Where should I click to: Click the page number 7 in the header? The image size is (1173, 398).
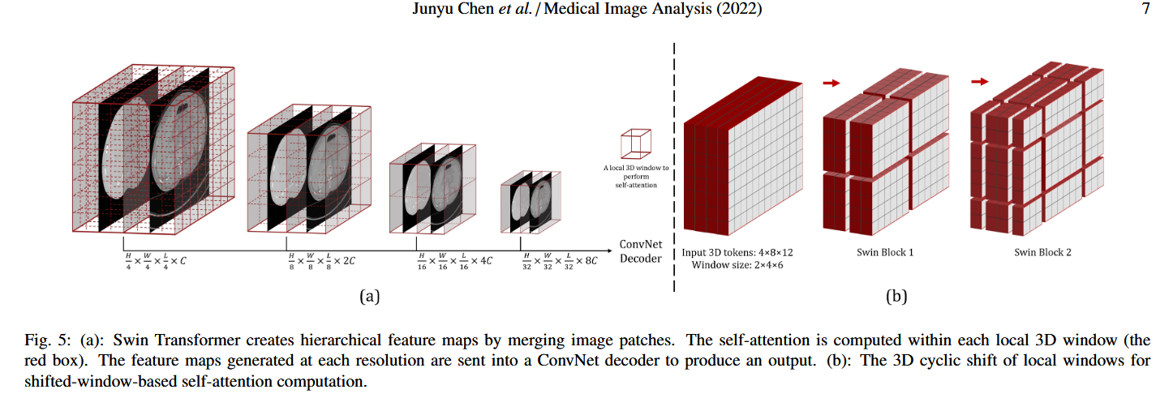pyautogui.click(x=1145, y=10)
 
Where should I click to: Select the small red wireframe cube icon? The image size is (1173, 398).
pyautogui.click(x=636, y=143)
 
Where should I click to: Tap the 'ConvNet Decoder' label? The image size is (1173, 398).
pyautogui.click(x=640, y=251)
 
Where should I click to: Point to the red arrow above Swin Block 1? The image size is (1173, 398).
pyautogui.click(x=831, y=82)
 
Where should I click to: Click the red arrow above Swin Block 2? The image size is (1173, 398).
pyautogui.click(x=979, y=81)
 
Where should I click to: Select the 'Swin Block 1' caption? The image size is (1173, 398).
pyautogui.click(x=885, y=252)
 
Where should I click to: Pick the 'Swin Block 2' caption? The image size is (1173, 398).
pyautogui.click(x=1042, y=252)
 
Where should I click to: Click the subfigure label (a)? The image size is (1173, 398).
pyautogui.click(x=369, y=296)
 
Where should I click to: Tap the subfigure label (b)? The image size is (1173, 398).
pyautogui.click(x=896, y=296)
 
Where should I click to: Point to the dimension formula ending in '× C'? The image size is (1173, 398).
pyautogui.click(x=154, y=262)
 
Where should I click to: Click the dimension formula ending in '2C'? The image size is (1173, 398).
pyautogui.click(x=322, y=262)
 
